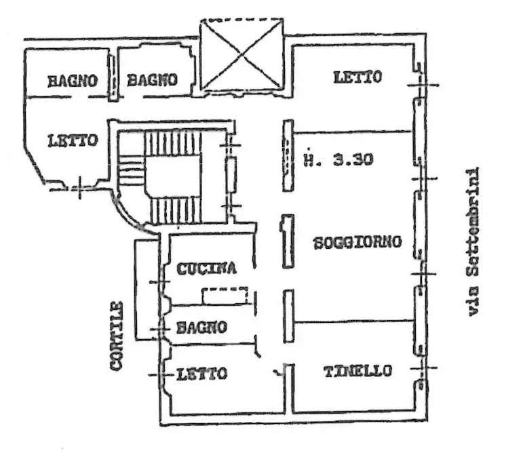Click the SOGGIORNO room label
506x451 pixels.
point(358,242)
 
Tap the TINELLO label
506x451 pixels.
point(357,371)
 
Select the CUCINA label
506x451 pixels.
point(207,269)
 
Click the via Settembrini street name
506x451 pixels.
point(473,241)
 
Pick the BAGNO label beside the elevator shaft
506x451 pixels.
point(152,80)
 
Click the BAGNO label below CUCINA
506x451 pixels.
point(201,328)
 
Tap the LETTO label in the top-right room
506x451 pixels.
point(357,77)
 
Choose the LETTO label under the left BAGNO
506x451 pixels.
point(73,141)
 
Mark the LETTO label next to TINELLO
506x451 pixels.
point(201,374)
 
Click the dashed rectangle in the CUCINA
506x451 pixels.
point(226,296)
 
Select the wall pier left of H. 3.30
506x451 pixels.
point(288,155)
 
